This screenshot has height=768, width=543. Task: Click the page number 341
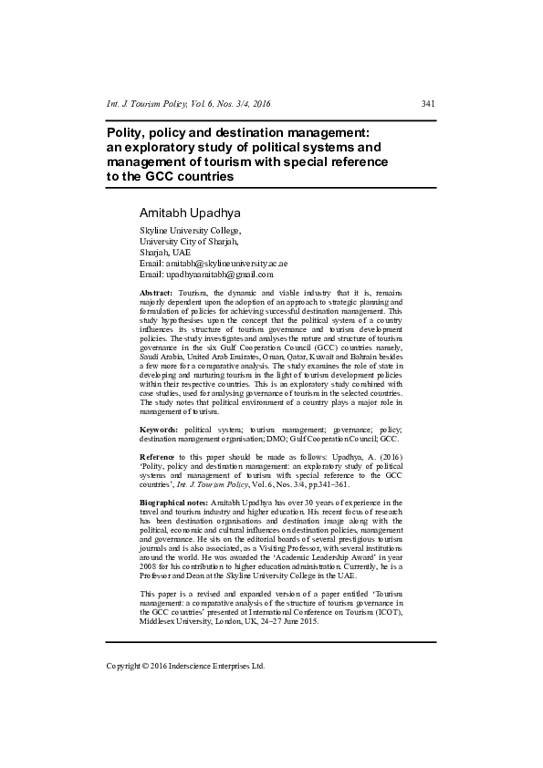click(x=428, y=104)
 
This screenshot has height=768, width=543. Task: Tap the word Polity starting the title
click(x=127, y=133)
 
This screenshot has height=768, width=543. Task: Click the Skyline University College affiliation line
click(x=189, y=232)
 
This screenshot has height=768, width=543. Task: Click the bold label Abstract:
click(x=155, y=291)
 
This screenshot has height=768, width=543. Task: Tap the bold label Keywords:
click(x=159, y=428)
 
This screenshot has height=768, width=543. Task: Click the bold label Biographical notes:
click(x=173, y=503)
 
